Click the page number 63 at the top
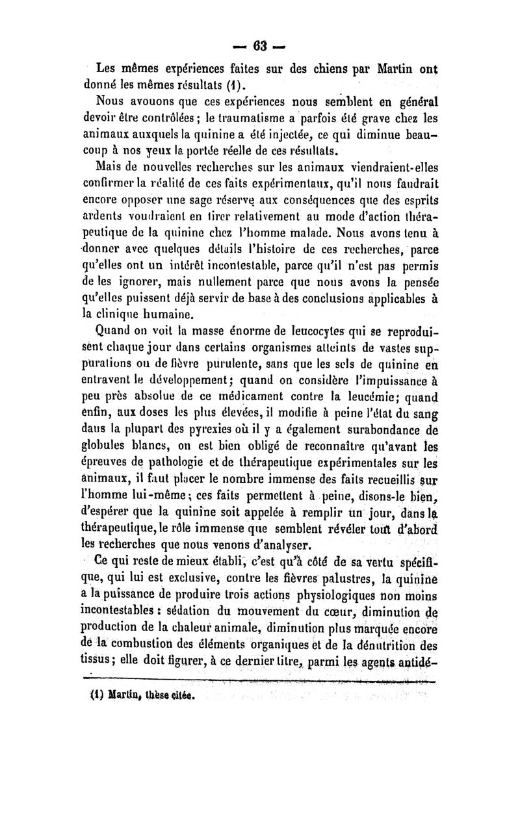pyautogui.click(x=261, y=46)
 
